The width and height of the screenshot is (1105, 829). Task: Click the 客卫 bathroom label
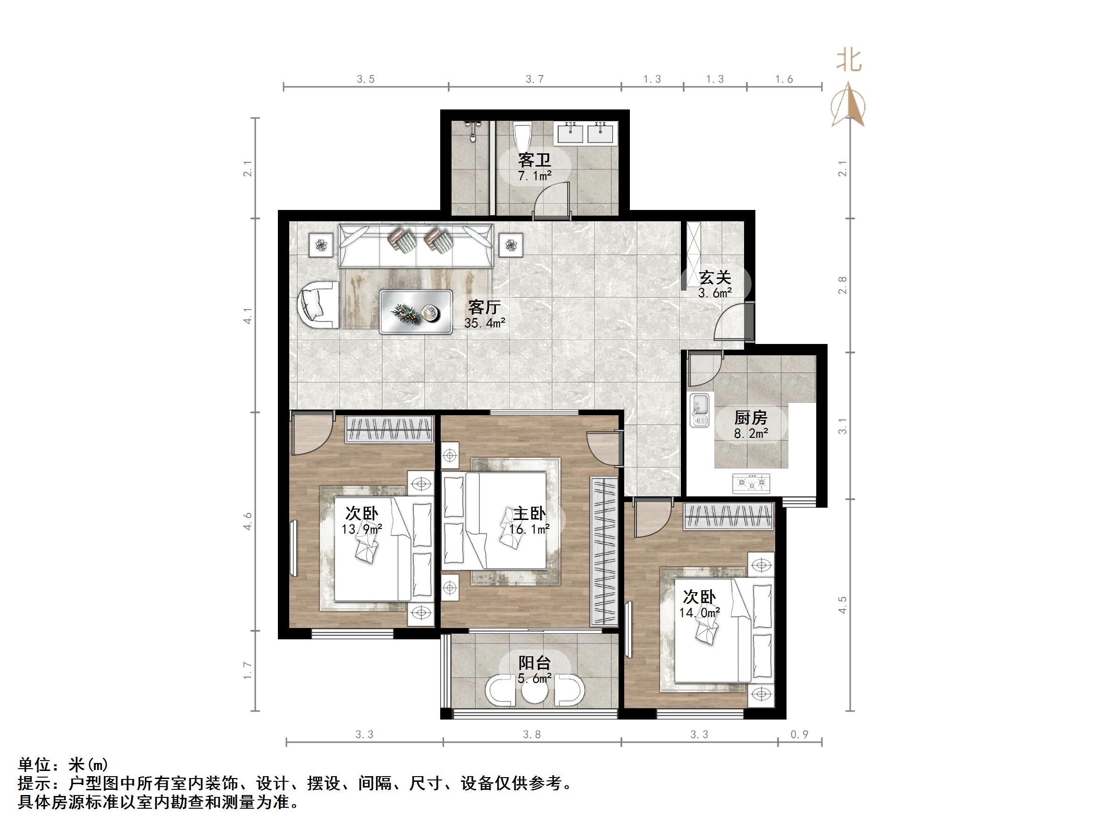point(534,160)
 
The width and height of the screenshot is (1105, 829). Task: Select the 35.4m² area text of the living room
point(484,323)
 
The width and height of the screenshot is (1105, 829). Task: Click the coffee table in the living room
point(416,312)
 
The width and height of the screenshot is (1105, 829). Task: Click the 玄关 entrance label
point(714,278)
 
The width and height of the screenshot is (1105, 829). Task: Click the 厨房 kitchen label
point(750,417)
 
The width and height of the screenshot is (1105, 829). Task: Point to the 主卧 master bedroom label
point(529,513)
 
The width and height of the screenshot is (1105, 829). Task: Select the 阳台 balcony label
point(534,663)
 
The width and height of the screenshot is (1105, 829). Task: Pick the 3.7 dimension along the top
point(534,79)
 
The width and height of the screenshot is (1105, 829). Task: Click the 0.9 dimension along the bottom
point(799,735)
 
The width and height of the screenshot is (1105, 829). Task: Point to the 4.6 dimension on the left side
point(248,521)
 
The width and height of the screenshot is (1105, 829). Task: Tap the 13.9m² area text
point(362,528)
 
